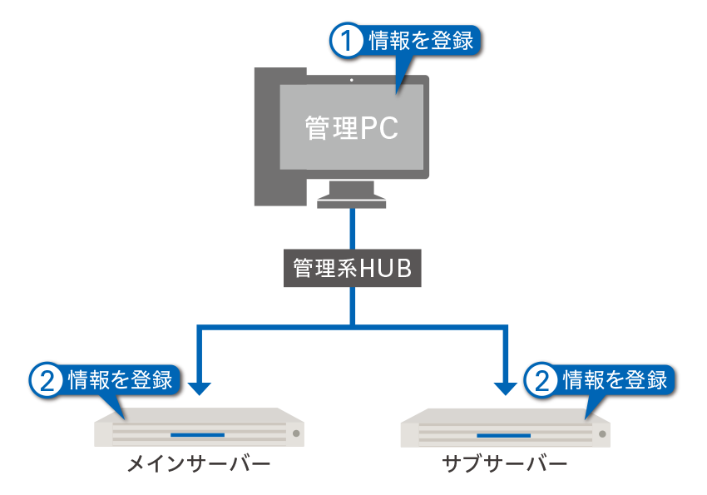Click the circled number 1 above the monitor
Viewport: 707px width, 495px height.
pos(346,41)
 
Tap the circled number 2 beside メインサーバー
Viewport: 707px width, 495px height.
pos(47,380)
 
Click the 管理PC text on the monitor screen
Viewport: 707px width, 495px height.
pos(352,128)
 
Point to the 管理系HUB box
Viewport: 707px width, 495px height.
pos(352,268)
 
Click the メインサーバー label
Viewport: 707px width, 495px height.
pos(199,463)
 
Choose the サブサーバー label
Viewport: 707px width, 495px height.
pos(505,463)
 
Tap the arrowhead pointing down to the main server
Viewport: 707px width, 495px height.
pos(199,389)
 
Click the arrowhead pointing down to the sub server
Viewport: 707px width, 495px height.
pos(506,389)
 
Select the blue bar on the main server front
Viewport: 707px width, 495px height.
pos(197,435)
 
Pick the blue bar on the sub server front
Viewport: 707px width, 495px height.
pos(504,435)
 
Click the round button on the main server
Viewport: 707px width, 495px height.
pos(296,433)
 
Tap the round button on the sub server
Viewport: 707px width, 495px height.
pos(602,434)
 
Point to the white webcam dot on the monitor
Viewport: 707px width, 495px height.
pos(351,80)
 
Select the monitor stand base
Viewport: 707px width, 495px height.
pos(351,201)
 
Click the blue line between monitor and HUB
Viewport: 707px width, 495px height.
pos(352,229)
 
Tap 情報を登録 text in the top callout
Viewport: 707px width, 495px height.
pos(421,41)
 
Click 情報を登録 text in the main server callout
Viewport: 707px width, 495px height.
pos(121,380)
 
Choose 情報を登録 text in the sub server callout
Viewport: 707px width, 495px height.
pos(615,380)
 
